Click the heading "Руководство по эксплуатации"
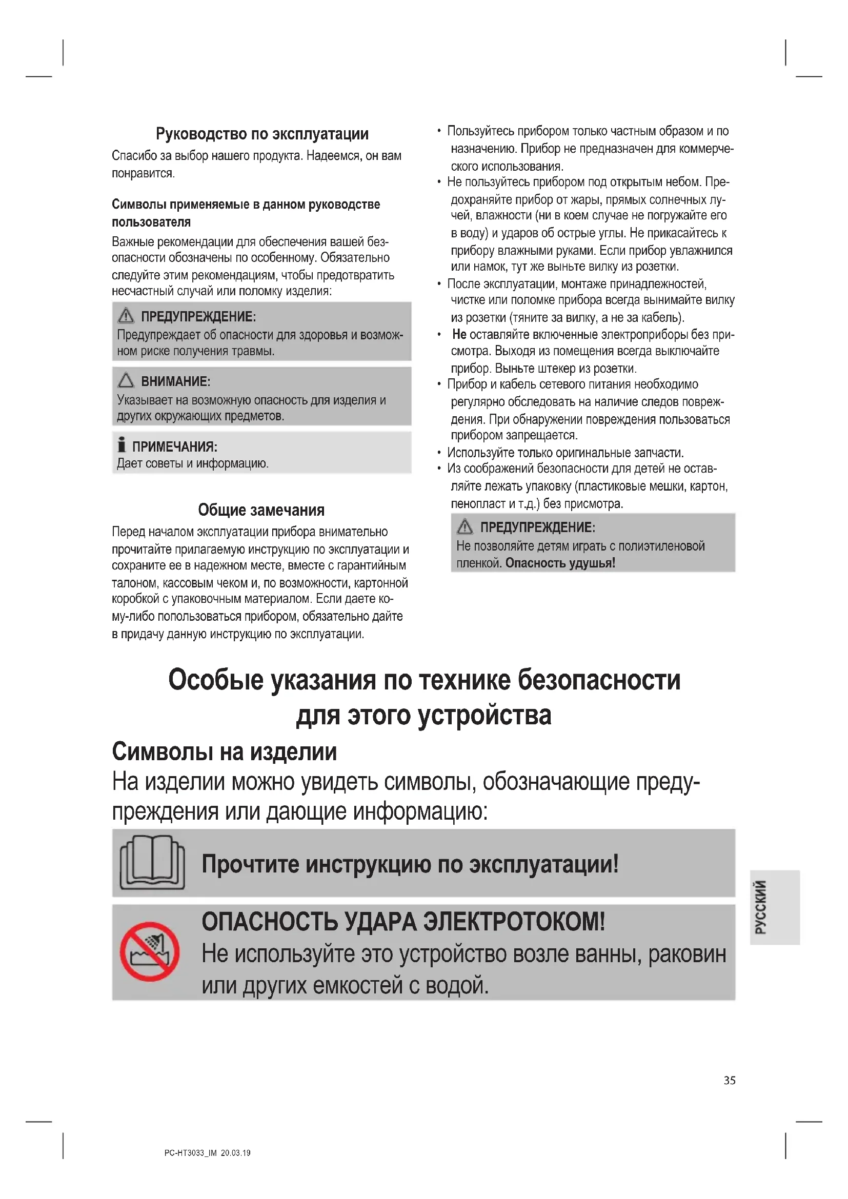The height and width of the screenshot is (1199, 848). coord(262,134)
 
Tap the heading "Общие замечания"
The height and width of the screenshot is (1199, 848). coord(261,510)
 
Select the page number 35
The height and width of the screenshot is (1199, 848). coord(730,1081)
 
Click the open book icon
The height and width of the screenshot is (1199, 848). coord(152,863)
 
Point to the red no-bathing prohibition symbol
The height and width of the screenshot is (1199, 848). coord(150,951)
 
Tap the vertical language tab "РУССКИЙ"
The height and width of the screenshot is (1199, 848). coord(761,907)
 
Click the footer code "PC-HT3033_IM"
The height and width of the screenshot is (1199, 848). coord(190,1153)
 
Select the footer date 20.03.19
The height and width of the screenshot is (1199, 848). coord(235,1153)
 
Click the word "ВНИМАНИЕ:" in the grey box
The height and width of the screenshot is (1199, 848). coord(175,382)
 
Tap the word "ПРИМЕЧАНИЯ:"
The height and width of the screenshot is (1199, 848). coord(174,447)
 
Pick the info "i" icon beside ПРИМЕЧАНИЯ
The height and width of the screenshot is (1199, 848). coord(122,444)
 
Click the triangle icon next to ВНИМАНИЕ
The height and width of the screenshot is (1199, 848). coord(126,380)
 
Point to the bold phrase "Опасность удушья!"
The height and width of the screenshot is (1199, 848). coord(560,563)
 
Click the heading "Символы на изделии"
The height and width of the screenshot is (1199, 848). coord(224,752)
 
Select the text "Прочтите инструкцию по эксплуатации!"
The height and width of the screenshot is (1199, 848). coord(410,864)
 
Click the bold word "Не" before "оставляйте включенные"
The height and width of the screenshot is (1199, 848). coord(459,334)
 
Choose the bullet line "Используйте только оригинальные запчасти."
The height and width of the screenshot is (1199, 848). coord(565,453)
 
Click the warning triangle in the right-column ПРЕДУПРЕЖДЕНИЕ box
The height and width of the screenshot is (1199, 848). coord(465,527)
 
